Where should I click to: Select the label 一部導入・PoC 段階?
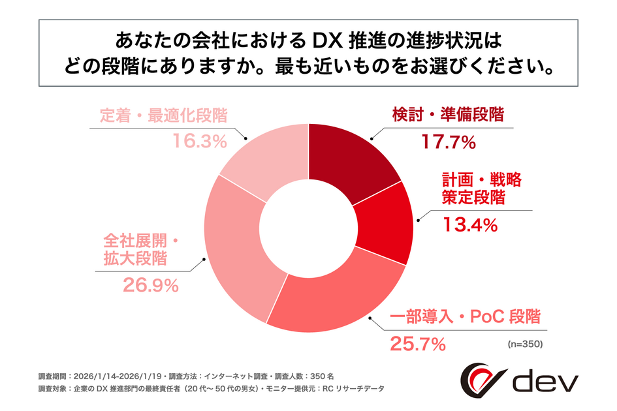pos(466,318)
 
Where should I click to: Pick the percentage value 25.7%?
pos(418,342)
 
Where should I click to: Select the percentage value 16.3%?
pos(200,141)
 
